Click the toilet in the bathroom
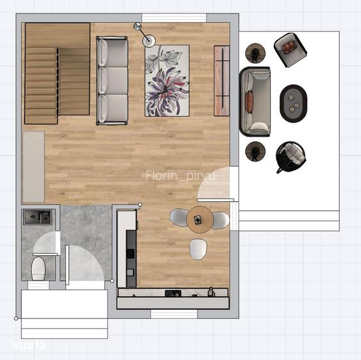coord(38,269)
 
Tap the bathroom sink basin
coord(38,217)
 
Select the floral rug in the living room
coord(167,81)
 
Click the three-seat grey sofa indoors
coord(112,81)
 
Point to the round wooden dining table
coord(200,219)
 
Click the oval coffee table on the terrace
coord(293,104)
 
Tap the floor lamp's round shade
coord(148,41)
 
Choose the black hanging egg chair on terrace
coord(291,157)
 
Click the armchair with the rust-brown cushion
coord(291,50)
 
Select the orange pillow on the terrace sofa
coord(249,102)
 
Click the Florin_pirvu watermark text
coord(180,176)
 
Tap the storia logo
coord(29,345)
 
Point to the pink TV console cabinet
coord(221,81)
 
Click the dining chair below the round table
coord(198,249)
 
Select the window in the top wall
coord(174,18)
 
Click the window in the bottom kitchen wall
coord(174,314)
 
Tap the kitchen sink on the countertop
coord(173,293)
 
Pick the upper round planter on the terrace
coord(255,53)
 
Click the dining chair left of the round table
coord(179,218)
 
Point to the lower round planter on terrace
coord(255,152)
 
